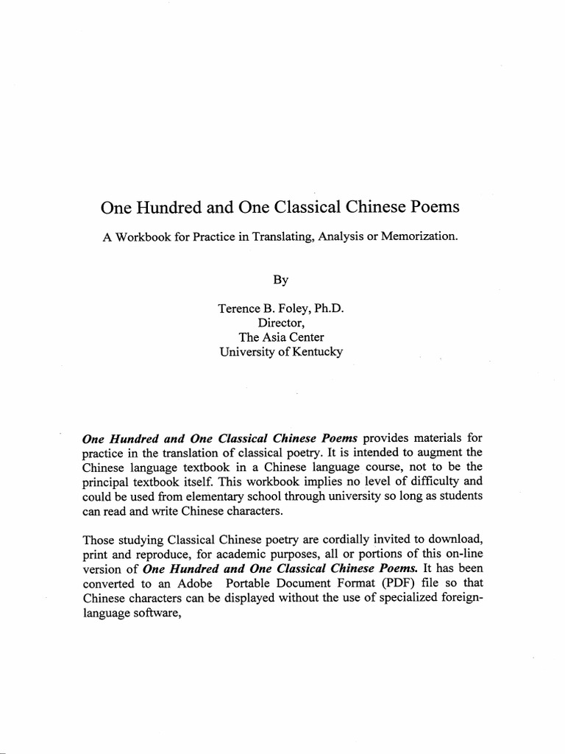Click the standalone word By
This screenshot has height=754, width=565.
[281, 280]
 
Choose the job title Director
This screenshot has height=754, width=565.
[281, 323]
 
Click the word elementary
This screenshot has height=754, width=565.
[210, 496]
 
